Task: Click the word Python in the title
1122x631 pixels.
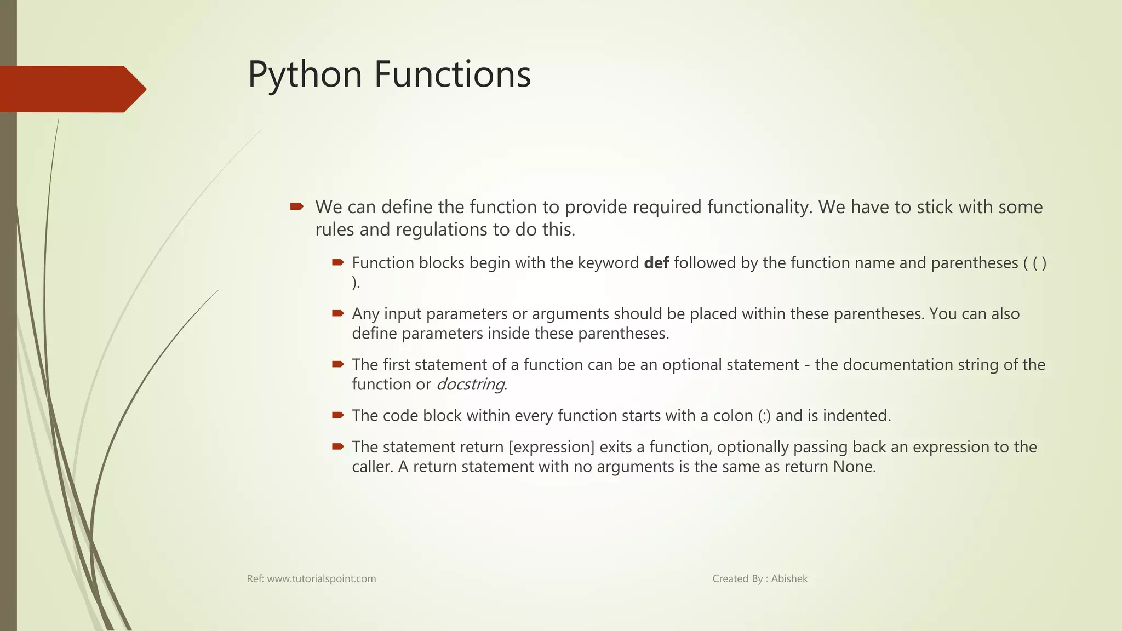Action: (305, 75)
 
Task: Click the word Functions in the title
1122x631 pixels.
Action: (453, 75)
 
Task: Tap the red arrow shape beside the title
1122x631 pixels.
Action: (71, 89)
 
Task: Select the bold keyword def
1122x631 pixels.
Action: (656, 263)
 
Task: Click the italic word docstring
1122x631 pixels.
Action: (471, 385)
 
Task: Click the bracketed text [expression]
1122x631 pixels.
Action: (551, 447)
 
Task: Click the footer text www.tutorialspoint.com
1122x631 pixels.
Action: (321, 579)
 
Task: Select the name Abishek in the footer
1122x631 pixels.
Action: (789, 579)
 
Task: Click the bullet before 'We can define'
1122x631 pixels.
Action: (296, 206)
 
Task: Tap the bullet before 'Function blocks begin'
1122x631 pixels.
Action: (337, 262)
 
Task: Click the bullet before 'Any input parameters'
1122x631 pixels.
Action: (337, 313)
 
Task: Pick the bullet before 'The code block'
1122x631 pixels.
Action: (337, 415)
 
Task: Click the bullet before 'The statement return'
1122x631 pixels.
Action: (337, 446)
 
